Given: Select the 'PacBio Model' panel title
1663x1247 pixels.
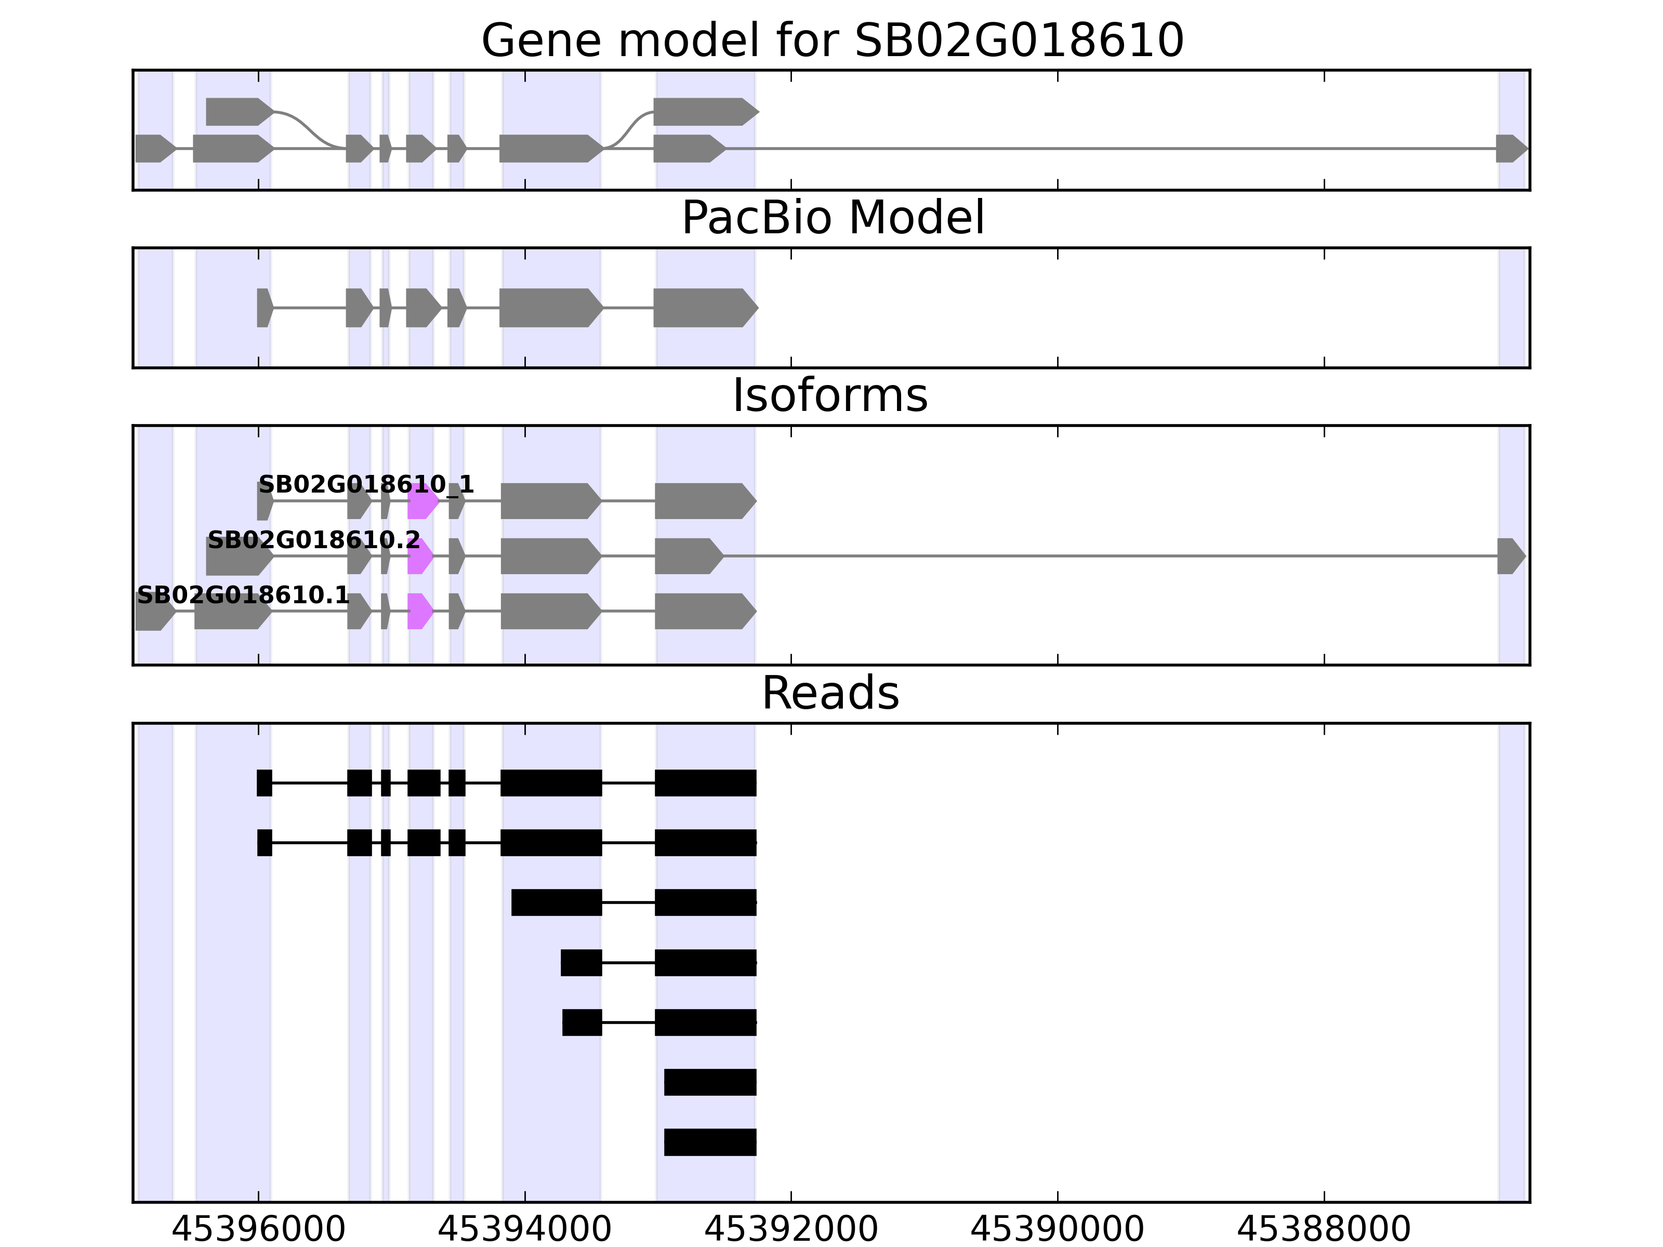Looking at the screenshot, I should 832,218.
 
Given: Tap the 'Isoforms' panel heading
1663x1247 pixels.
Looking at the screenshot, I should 830,395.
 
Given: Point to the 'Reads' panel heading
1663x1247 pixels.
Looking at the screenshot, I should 830,693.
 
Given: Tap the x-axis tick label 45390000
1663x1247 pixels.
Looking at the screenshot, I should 1057,1230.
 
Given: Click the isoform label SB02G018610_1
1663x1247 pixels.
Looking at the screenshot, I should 366,485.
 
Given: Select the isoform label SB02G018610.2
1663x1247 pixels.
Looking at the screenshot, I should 313,540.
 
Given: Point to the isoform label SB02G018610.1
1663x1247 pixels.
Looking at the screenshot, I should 243,596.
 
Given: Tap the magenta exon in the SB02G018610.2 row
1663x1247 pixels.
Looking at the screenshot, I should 419,556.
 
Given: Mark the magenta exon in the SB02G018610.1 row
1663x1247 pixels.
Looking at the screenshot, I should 419,611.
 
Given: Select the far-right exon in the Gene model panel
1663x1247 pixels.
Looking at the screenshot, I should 1510,149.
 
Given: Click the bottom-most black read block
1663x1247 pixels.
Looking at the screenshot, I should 710,1142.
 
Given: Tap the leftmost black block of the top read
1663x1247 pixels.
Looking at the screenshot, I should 264,782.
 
